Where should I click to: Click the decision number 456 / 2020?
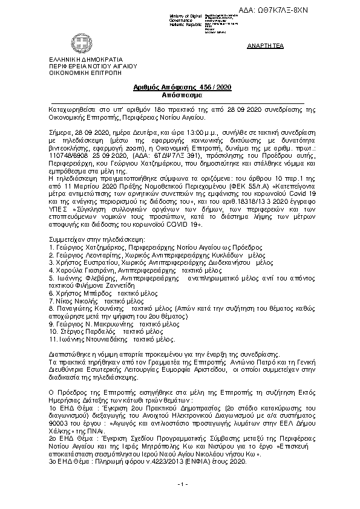pyautogui.click(x=215, y=88)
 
